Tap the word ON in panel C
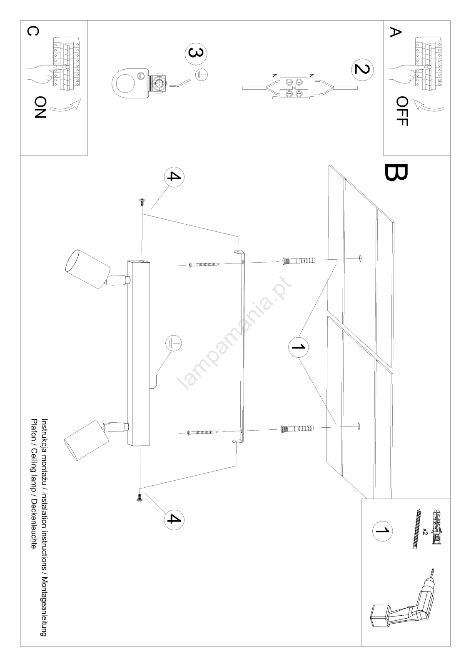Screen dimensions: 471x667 (40, 107)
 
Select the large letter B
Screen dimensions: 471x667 (397, 173)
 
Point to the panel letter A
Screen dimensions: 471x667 (395, 33)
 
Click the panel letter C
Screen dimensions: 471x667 (33, 32)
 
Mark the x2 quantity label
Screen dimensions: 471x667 (425, 531)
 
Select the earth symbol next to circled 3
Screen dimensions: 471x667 (202, 75)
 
